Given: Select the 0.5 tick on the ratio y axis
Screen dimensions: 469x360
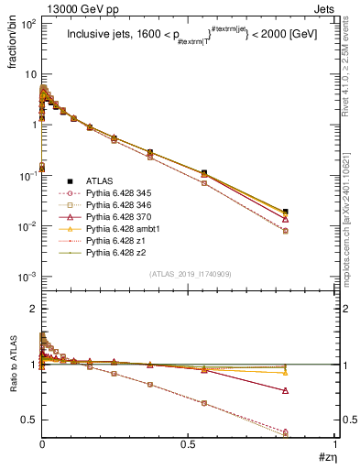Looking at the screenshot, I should pyautogui.click(x=30, y=420).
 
